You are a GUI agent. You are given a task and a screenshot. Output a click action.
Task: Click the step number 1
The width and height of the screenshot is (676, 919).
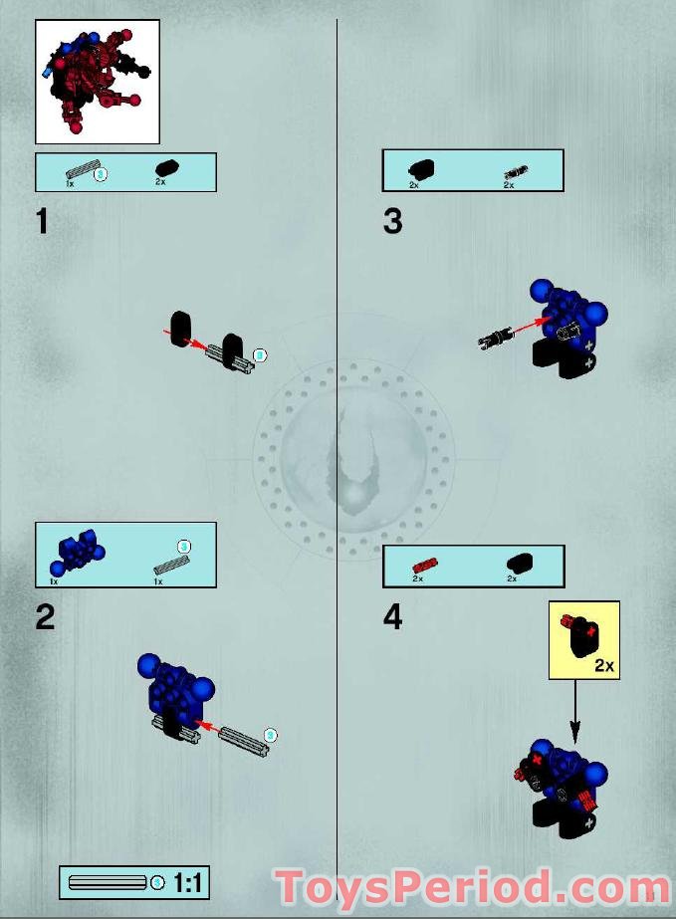tap(42, 221)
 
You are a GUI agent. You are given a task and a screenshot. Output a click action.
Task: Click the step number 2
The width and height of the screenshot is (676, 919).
tap(45, 617)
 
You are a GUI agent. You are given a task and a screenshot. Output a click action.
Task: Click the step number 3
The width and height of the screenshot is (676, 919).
tap(393, 221)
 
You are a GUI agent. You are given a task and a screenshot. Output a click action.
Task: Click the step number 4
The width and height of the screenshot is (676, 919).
tap(393, 617)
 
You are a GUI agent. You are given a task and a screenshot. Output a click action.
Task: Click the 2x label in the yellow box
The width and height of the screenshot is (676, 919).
tap(603, 665)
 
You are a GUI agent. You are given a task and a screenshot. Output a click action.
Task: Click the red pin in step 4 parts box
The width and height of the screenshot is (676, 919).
tap(419, 565)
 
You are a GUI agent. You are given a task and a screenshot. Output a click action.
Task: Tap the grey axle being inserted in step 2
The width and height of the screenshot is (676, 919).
tap(242, 738)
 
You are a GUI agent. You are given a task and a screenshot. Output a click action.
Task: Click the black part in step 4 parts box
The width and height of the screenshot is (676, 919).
tap(519, 565)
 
